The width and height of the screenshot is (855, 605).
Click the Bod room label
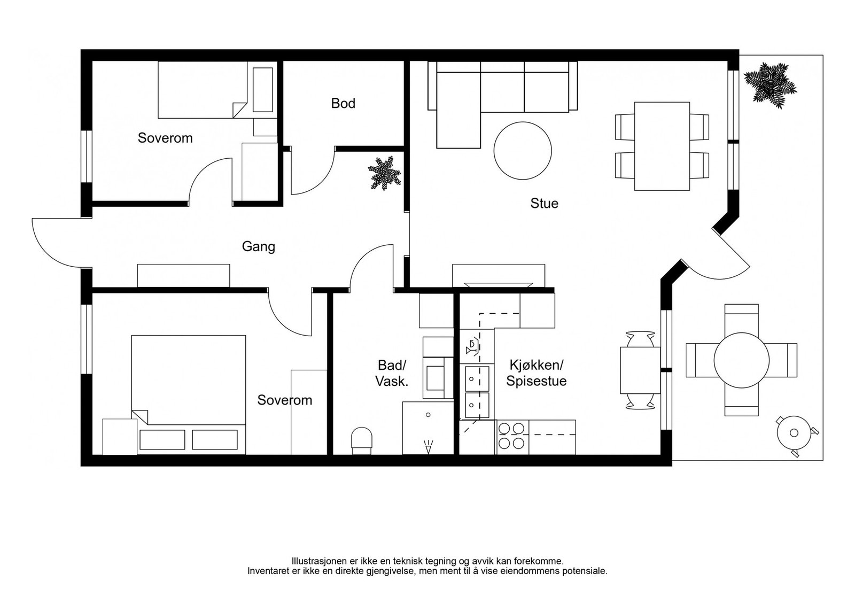click(x=343, y=104)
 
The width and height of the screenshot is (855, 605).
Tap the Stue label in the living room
click(x=545, y=204)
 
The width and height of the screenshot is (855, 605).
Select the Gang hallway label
click(x=259, y=246)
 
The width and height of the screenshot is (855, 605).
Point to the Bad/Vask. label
click(x=392, y=373)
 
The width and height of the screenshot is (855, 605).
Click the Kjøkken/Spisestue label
click(x=537, y=373)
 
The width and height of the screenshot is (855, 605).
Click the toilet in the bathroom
click(x=361, y=441)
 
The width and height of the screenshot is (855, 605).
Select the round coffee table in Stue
click(x=523, y=150)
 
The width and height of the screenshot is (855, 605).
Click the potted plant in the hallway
click(x=384, y=173)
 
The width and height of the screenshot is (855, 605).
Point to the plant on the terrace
click(x=770, y=86)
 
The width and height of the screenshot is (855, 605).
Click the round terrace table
click(x=741, y=360)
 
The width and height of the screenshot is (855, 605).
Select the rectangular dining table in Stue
click(x=662, y=146)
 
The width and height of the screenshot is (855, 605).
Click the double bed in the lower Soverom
click(x=189, y=394)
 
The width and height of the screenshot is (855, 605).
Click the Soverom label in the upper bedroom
click(x=165, y=138)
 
